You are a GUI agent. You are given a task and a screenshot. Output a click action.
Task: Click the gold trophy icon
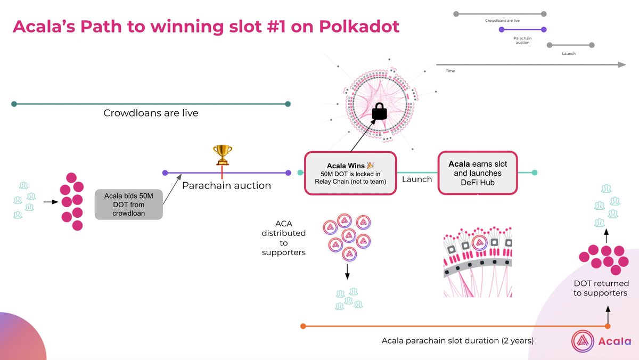coord(222,155)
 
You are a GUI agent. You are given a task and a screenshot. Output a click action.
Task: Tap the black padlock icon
coord(379,111)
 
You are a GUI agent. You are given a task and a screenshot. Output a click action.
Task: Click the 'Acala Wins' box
coord(350,173)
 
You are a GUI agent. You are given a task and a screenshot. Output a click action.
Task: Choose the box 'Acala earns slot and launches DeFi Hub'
coord(478,173)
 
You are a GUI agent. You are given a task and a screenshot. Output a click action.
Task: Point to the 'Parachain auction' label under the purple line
coord(226,186)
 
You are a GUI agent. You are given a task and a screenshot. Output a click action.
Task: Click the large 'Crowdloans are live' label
coord(151,113)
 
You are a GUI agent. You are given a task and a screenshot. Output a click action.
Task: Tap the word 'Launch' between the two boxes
coord(417,179)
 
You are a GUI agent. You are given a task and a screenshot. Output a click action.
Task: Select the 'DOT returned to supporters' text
coord(601,288)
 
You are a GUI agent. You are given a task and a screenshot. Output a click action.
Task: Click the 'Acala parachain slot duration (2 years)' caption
coord(457,340)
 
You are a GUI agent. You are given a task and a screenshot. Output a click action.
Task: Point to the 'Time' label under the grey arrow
coord(450,71)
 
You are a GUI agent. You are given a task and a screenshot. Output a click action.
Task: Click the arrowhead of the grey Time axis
coord(622,64)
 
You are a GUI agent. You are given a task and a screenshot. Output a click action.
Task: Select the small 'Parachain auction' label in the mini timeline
coord(522,40)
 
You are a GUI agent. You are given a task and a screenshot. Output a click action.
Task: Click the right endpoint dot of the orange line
coord(608,326)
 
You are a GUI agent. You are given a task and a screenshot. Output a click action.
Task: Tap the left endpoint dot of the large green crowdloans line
coord(14,104)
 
